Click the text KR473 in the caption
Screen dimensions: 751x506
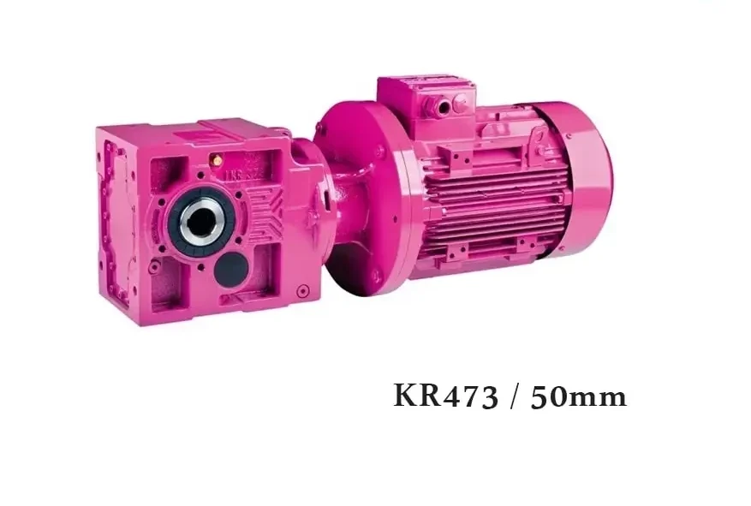click(446, 396)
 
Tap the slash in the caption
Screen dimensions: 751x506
click(515, 397)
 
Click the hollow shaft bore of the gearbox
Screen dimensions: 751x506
click(200, 222)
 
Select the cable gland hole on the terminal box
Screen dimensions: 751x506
click(444, 106)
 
